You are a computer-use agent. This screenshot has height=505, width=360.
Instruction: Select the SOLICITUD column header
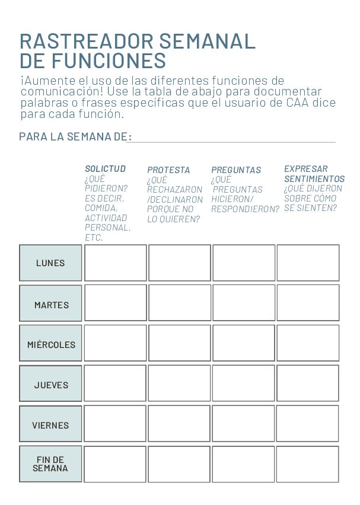[x=105, y=169]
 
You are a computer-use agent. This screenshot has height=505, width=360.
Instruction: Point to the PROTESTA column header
[x=168, y=170]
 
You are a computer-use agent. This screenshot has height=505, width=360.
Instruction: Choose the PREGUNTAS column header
[x=236, y=170]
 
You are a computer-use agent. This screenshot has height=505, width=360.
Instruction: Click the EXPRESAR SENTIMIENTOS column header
[x=314, y=174]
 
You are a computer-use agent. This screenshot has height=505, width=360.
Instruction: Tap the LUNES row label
[x=50, y=263]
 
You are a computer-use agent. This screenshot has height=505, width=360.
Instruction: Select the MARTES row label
[x=51, y=305]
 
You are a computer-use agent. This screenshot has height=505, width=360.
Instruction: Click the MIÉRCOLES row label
[x=51, y=344]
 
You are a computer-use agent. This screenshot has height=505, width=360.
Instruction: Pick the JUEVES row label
[x=51, y=385]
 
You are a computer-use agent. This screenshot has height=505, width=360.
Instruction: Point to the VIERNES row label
[x=50, y=425]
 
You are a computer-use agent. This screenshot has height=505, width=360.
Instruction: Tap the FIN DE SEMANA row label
[x=50, y=464]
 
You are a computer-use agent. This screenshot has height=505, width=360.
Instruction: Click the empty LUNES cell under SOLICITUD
[x=115, y=263]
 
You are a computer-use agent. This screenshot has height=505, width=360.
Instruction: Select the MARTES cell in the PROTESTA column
[x=179, y=303]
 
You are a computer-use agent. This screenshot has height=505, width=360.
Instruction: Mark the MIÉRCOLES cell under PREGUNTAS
[x=243, y=343]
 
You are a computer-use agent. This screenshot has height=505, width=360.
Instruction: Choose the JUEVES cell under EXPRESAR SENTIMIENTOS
[x=307, y=383]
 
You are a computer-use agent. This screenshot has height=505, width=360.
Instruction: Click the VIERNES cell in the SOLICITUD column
[x=115, y=423]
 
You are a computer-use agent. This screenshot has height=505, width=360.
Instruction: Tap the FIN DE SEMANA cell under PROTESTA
[x=179, y=464]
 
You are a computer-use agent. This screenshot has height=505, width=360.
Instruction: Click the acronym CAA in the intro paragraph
[x=297, y=103]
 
